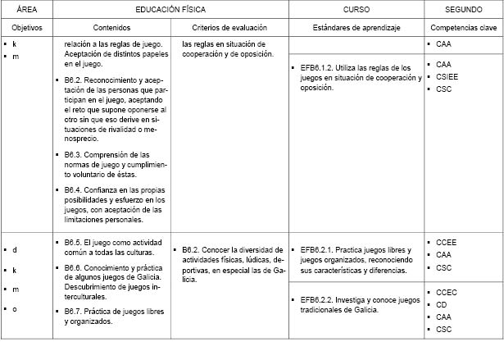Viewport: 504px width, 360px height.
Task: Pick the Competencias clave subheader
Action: (x=463, y=26)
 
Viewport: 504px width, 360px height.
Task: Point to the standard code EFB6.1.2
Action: (x=320, y=67)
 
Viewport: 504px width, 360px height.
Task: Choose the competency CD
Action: (x=442, y=304)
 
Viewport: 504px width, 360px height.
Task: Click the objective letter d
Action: (x=15, y=248)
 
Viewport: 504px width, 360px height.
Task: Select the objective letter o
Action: (x=15, y=308)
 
